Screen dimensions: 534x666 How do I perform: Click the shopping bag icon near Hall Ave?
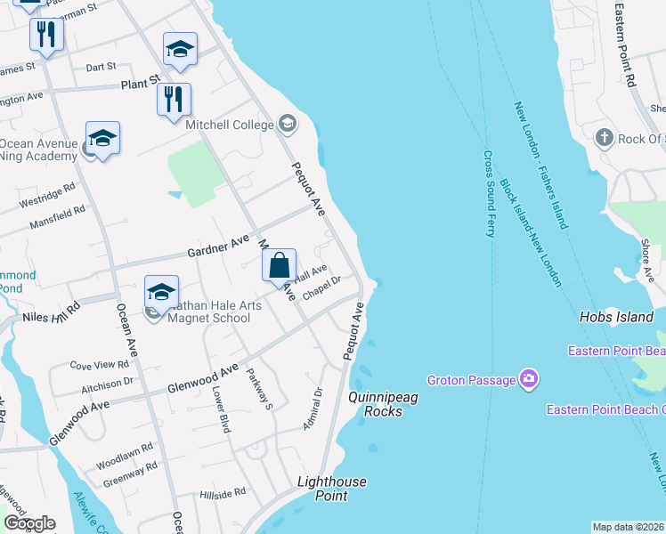tap(280, 265)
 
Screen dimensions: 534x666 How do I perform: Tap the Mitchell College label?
tap(230, 125)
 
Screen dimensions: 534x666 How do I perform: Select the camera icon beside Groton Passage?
tap(530, 380)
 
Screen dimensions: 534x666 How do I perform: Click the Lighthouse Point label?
tap(331, 489)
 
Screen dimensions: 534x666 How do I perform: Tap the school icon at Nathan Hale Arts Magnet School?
tap(161, 292)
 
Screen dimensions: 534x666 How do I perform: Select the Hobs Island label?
tap(609, 317)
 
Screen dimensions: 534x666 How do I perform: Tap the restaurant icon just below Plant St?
tap(174, 99)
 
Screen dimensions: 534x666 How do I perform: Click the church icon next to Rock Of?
tap(604, 138)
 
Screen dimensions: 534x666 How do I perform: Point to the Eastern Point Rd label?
tap(628, 44)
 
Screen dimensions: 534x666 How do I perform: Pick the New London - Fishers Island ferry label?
tap(540, 166)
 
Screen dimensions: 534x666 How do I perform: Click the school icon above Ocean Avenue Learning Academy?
tap(102, 139)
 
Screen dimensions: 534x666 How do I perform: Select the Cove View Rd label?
tap(100, 365)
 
